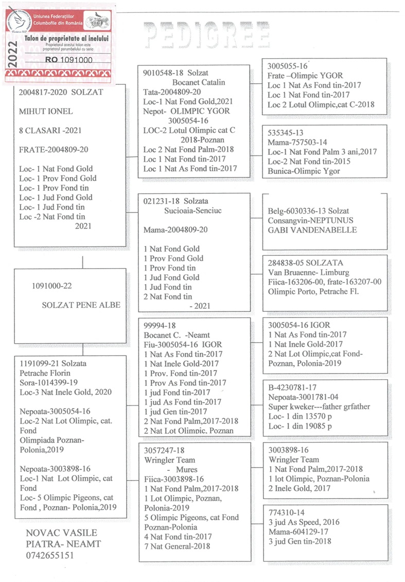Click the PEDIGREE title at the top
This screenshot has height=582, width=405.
207,36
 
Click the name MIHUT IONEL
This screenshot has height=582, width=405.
46,111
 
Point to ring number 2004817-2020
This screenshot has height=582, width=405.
41,92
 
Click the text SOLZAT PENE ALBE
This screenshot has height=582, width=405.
81,305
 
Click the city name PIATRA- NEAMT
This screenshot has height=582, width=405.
63,544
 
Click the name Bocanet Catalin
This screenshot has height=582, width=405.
198,82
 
